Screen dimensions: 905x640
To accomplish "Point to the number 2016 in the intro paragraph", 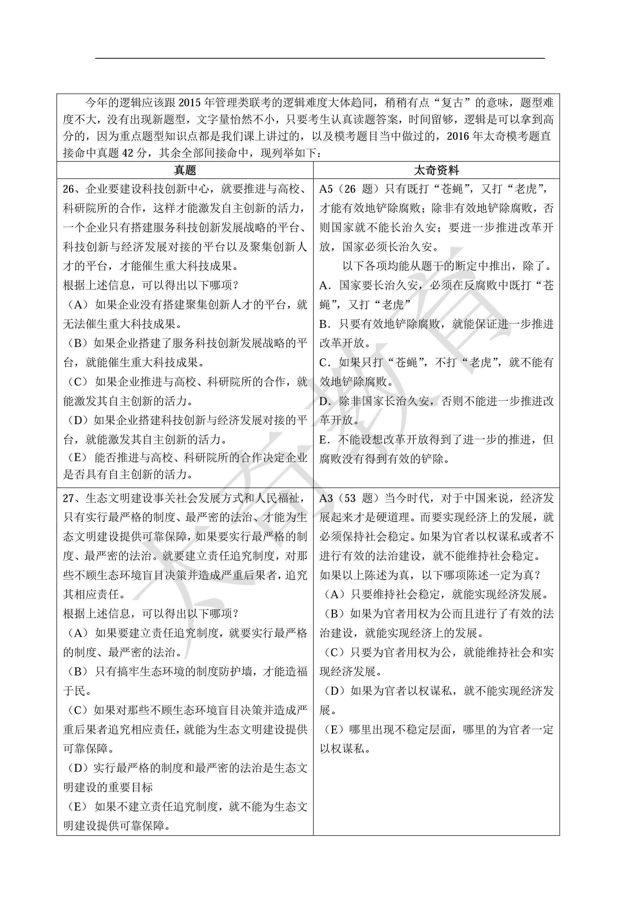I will click(458, 136).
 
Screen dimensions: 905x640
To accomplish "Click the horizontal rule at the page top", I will click(320, 58).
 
